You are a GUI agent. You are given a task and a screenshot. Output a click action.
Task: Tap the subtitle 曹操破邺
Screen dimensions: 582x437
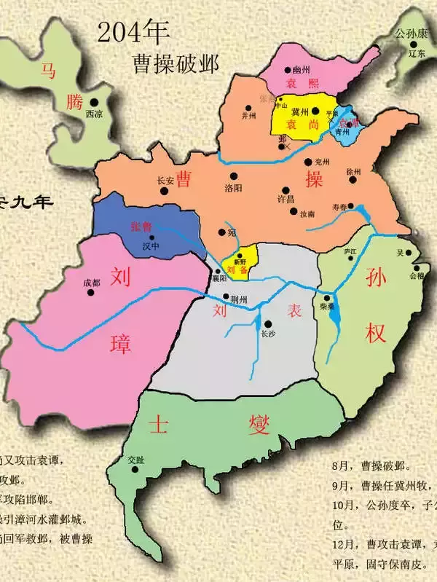(x=171, y=60)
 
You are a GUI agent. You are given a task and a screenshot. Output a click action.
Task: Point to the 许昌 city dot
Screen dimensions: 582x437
(x=285, y=188)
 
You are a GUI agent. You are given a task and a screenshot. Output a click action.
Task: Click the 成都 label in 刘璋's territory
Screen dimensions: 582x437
(x=91, y=283)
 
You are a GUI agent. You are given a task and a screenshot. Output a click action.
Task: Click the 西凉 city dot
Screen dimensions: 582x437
(x=95, y=103)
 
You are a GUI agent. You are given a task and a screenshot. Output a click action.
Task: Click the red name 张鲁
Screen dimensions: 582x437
(x=141, y=227)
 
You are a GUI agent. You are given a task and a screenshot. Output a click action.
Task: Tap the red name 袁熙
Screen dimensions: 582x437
(x=298, y=83)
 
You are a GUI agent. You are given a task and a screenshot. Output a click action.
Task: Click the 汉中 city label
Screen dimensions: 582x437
(x=151, y=246)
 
